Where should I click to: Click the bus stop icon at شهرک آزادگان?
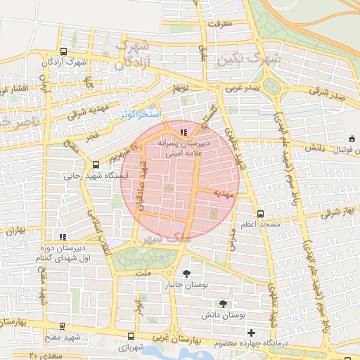click(63, 51)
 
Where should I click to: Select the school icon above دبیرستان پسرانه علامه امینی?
click(184, 131)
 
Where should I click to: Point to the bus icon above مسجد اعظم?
click(261, 213)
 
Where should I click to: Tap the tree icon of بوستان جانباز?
click(186, 273)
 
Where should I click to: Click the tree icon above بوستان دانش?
click(223, 304)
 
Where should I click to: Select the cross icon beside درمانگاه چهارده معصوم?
click(251, 332)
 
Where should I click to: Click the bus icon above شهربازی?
click(131, 337)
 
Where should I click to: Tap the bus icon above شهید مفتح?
click(63, 326)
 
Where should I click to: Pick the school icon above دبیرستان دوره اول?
click(63, 238)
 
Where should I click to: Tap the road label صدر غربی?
click(243, 89)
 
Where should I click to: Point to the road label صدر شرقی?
click(331, 96)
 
